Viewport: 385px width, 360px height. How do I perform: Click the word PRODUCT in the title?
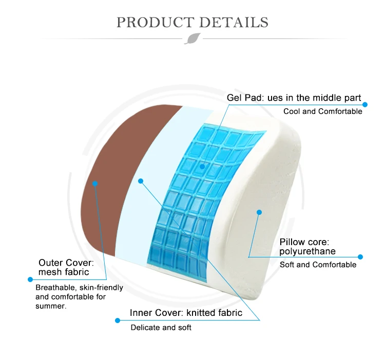155,23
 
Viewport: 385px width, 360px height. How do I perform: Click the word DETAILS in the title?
234,23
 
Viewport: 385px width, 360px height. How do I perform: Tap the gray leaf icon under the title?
192,38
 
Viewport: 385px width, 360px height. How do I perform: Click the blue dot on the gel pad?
202,167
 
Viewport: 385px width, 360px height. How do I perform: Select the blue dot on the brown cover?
95,184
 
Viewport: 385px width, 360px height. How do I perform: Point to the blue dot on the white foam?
259,212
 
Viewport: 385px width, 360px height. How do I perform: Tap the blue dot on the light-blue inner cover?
141,181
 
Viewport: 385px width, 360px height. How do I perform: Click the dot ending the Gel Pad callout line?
365,105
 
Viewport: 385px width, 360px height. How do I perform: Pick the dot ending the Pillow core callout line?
360,257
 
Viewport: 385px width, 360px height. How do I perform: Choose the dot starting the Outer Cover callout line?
30,279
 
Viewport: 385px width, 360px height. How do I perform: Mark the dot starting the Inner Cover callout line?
118,321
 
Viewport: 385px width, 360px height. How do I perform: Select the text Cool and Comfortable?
323,111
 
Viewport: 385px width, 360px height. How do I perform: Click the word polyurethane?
307,251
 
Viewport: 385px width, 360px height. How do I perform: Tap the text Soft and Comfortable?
318,265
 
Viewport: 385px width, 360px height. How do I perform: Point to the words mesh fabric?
64,272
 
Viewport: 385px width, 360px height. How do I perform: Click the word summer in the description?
50,306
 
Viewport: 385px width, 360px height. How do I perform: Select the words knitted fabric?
215,313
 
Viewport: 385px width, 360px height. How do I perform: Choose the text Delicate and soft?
161,327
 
